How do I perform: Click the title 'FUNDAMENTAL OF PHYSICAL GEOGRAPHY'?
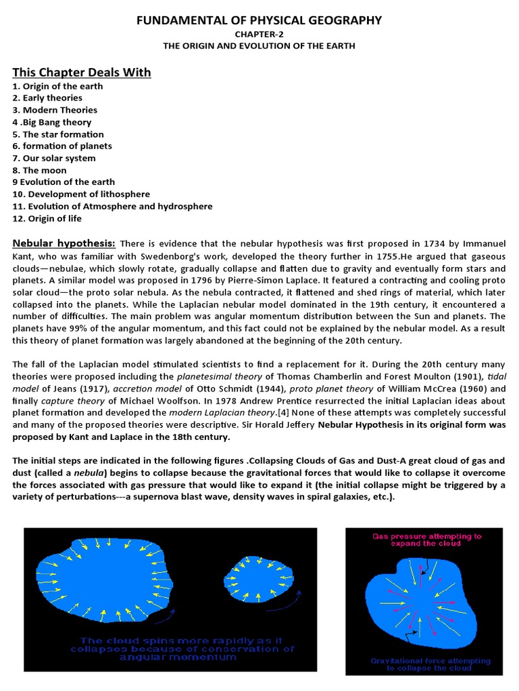259,20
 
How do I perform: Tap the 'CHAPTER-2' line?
259,34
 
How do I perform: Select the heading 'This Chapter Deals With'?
82,72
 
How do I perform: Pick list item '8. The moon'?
36,170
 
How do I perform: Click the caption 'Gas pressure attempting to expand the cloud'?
426,540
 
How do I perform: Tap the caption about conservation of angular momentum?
187,648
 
